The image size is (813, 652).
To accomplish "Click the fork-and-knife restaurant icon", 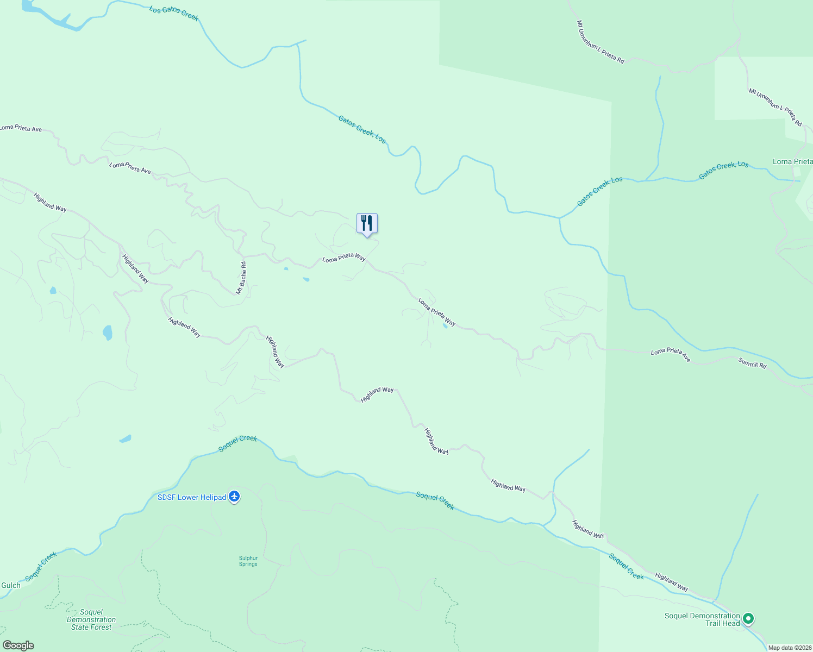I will click(367, 223).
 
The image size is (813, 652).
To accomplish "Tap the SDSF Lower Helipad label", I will click(191, 497).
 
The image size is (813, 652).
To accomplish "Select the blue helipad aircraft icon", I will click(234, 496).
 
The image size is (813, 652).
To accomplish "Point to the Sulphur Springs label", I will click(248, 561).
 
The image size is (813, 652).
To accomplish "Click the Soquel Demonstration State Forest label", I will click(91, 619).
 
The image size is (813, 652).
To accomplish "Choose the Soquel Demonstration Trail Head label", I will click(702, 619).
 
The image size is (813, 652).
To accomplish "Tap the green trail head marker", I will click(748, 618).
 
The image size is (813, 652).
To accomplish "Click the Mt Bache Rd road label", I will click(241, 278).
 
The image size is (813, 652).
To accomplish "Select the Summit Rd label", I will click(752, 363).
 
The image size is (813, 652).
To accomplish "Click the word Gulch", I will click(11, 585).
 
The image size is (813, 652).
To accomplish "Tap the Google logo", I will click(18, 645).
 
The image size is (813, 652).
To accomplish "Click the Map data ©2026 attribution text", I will click(790, 648).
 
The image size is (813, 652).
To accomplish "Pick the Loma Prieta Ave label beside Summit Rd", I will click(671, 355).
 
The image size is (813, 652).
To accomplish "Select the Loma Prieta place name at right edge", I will click(792, 161).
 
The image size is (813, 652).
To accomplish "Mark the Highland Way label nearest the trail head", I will click(672, 582).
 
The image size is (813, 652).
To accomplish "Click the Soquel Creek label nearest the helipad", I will click(237, 443).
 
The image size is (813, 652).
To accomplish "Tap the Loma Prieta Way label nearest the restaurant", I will click(344, 258).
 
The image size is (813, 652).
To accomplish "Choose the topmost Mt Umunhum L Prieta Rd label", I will click(601, 42).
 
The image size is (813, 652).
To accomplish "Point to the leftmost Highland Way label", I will click(50, 202).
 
